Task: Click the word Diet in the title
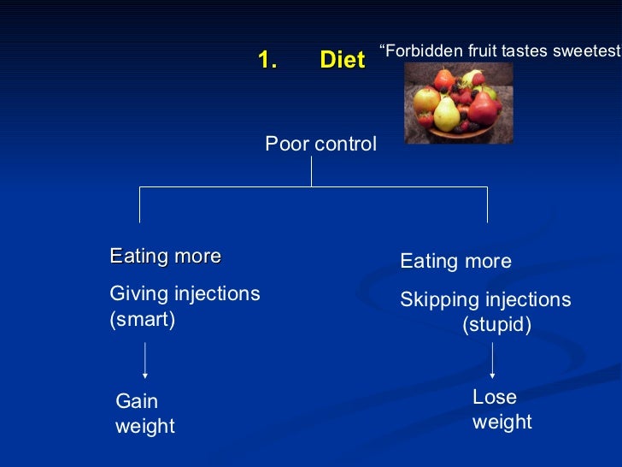point(342,60)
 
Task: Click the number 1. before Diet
point(268,60)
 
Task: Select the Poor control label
point(320,145)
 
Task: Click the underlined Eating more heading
point(166,257)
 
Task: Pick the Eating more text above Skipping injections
point(455,262)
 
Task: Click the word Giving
point(139,294)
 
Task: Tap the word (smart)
point(143,320)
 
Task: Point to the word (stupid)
point(496,326)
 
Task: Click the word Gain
point(137,401)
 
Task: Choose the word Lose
point(495,397)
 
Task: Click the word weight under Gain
point(144,426)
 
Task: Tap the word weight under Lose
point(502,422)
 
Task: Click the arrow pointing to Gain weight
point(145,359)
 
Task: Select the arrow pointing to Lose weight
point(492,359)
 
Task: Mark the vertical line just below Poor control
point(311,171)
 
